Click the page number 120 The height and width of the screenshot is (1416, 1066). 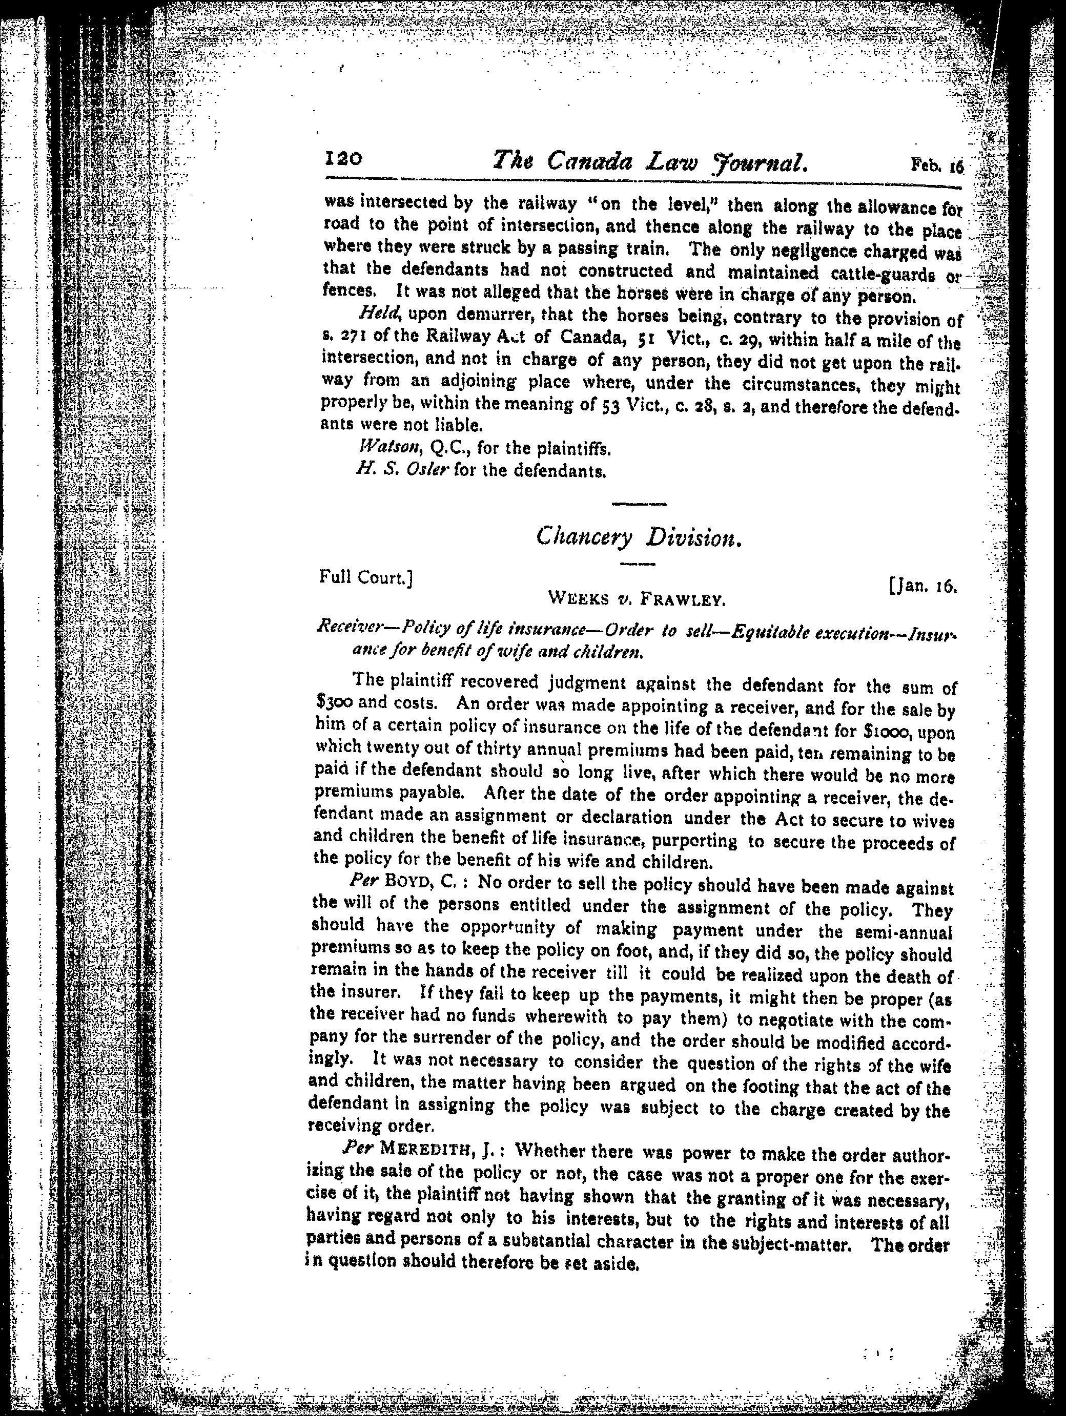(x=344, y=159)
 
